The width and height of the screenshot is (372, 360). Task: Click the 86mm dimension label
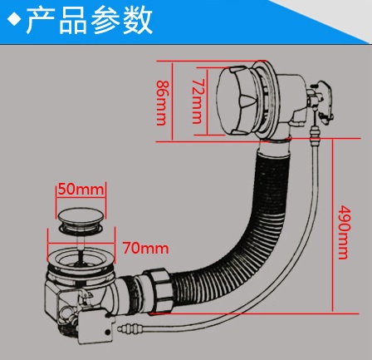pyautogui.click(x=162, y=103)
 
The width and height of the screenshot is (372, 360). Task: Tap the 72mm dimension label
pyautogui.click(x=198, y=101)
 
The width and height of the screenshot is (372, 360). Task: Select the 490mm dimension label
pyautogui.click(x=345, y=232)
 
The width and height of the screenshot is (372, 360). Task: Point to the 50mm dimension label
pyautogui.click(x=81, y=190)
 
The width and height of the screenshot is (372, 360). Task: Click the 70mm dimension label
pyautogui.click(x=145, y=249)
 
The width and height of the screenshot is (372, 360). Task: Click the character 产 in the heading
pyautogui.click(x=41, y=20)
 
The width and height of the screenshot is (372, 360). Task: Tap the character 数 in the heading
pyautogui.click(x=138, y=20)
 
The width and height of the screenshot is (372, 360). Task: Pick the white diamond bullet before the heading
pyautogui.click(x=15, y=20)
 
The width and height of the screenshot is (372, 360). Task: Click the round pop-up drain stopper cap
pyautogui.click(x=81, y=215)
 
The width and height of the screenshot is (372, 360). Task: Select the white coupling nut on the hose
pyautogui.click(x=159, y=291)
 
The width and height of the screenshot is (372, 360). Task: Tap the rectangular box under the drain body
pyautogui.click(x=96, y=329)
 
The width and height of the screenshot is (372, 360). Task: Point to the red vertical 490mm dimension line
pyautogui.click(x=332, y=225)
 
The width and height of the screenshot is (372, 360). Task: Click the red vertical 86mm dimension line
pyautogui.click(x=172, y=101)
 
